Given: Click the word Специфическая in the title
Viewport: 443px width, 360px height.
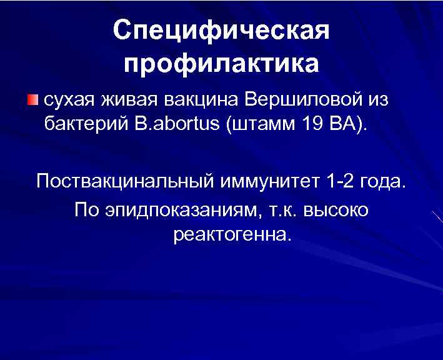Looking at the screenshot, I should coord(221,31).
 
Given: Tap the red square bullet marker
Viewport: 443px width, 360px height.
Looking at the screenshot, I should coord(32,100).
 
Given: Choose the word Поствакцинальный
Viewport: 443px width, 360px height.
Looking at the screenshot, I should coord(124,181).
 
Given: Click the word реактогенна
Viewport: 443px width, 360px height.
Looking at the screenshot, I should coord(231,236).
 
